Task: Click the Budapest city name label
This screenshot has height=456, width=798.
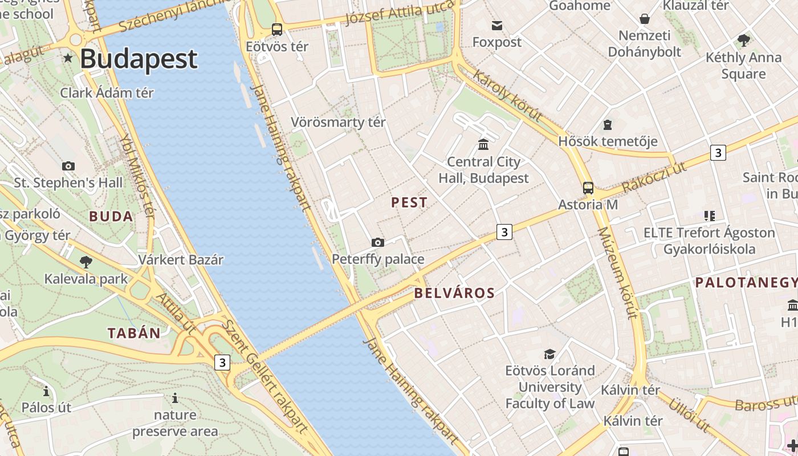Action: coord(139,59)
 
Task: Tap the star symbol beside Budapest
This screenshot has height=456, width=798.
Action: coord(68,58)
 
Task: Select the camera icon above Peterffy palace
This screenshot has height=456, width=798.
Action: coord(377,242)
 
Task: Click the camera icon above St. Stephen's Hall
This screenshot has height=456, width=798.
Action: coord(68,166)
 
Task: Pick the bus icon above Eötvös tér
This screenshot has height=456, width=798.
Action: coord(277,29)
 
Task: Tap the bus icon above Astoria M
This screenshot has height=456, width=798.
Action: coord(588,188)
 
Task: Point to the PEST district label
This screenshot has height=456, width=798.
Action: coord(409,202)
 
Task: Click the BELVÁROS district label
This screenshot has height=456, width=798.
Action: coord(454,294)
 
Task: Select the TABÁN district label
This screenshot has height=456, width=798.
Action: coord(134,333)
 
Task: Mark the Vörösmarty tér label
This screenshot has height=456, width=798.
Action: coord(338,122)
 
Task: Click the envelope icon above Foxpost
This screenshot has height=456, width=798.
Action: coord(497,25)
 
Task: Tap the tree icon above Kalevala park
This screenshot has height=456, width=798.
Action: coord(86,262)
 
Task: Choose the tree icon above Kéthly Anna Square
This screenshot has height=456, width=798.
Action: coord(743,40)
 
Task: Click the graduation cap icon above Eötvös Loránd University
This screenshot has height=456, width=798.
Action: coord(549,354)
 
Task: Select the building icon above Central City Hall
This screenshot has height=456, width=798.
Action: coord(483,144)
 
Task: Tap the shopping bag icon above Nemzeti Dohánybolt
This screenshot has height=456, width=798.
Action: coord(644,19)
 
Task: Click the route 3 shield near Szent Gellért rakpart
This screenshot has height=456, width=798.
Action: coord(222,363)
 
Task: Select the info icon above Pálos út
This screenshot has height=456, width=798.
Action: coord(46,391)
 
